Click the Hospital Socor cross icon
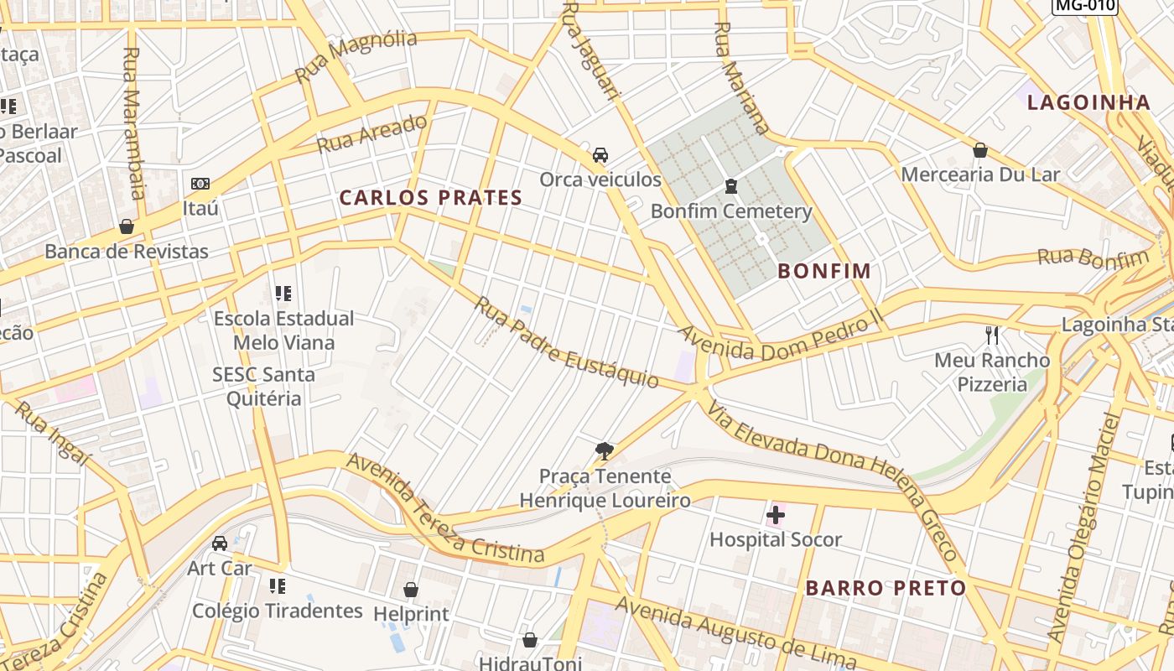(x=776, y=514)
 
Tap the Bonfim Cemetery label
(x=731, y=211)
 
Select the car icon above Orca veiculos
(x=600, y=155)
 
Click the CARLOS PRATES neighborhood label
(x=431, y=198)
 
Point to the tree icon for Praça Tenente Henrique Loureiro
(x=604, y=452)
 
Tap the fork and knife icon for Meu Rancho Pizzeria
(x=992, y=335)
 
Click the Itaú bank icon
(x=200, y=184)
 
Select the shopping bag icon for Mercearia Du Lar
(x=979, y=150)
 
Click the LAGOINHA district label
(x=1088, y=102)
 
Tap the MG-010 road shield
(x=1085, y=6)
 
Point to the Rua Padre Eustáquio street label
(x=567, y=342)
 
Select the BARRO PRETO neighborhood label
(x=886, y=588)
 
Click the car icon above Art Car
(x=220, y=544)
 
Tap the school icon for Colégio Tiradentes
(x=278, y=585)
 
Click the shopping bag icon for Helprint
(x=411, y=590)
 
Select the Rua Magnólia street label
(x=356, y=56)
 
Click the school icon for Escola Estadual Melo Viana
(x=283, y=294)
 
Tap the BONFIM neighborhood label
(x=824, y=271)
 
